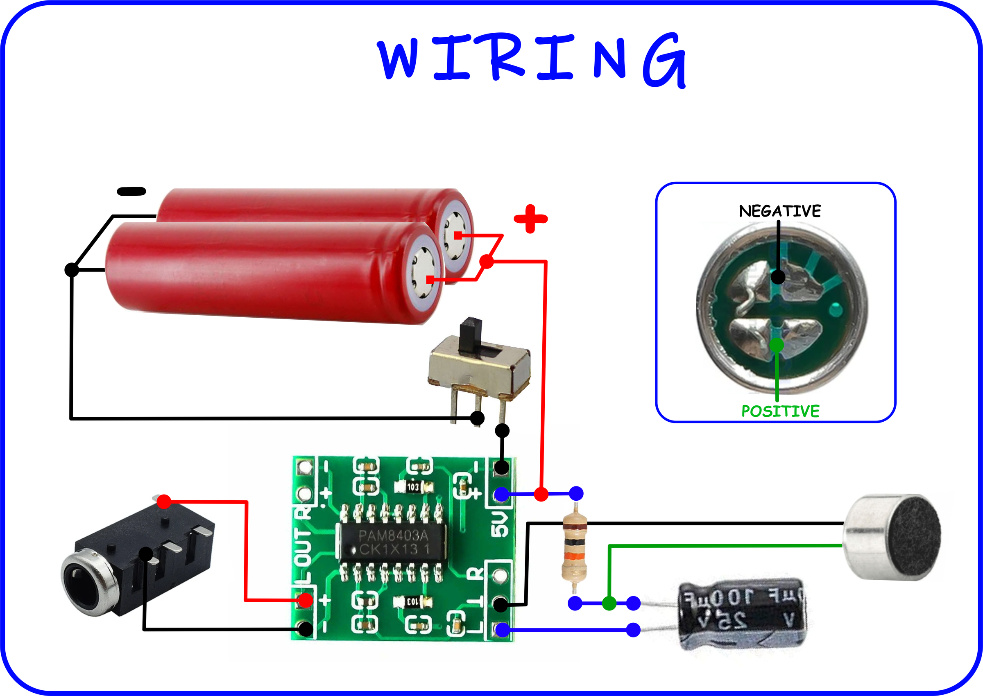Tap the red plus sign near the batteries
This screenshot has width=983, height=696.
click(530, 219)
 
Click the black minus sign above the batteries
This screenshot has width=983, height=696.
click(131, 192)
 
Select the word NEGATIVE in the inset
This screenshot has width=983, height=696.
click(779, 211)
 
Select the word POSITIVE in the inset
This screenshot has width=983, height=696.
click(780, 411)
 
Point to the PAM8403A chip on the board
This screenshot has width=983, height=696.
click(392, 542)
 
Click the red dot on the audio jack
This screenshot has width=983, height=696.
click(164, 501)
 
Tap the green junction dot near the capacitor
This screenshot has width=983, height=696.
click(609, 603)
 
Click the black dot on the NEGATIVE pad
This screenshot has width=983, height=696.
click(778, 277)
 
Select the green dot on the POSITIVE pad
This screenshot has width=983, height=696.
click(777, 345)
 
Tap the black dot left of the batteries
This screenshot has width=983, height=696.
click(72, 269)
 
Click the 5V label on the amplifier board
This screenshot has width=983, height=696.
click(499, 524)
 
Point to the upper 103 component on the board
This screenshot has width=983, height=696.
click(413, 487)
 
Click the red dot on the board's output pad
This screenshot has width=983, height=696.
click(305, 601)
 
